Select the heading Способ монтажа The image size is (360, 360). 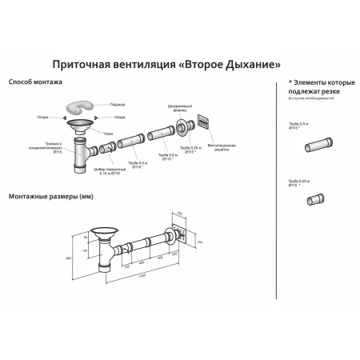pos(31,82)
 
